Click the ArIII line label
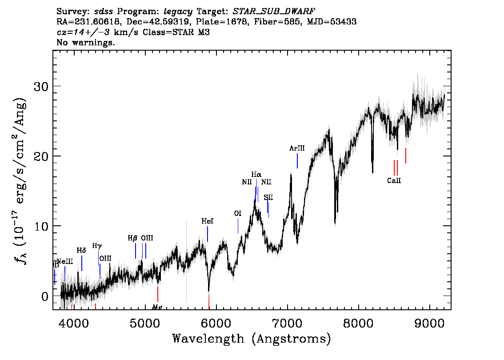coord(297,148)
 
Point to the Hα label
coord(256,175)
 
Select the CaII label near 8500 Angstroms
coord(394,181)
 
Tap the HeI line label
coord(208,221)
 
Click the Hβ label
coord(132,238)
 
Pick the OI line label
coord(238,214)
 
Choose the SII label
coord(268,197)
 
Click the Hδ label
coord(81,251)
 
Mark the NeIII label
coord(65,261)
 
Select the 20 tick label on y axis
coord(41,156)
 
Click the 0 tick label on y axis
coord(44,296)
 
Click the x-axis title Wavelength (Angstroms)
coord(252,339)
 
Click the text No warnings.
coord(86,43)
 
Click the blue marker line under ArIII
coord(297,160)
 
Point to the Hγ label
coord(97,245)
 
